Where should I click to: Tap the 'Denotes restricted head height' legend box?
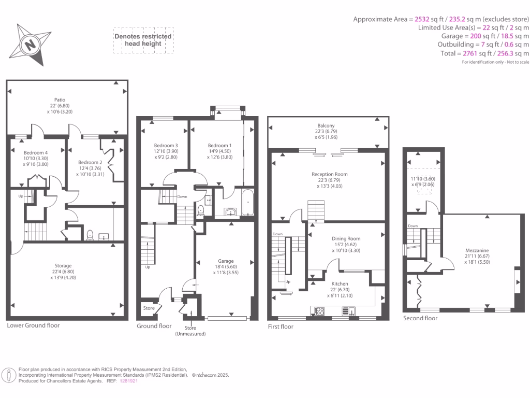coord(143,40)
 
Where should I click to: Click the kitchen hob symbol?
coord(319,311)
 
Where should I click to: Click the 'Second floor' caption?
coord(420,318)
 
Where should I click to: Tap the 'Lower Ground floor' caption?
coord(33,325)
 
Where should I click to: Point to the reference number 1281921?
coord(128,381)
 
